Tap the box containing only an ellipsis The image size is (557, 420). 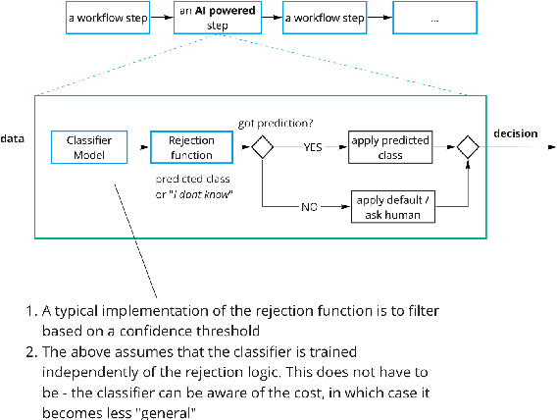click(440, 18)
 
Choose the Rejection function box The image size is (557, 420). click(191, 148)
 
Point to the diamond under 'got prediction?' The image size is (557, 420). click(263, 148)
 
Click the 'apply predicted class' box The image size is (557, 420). click(390, 148)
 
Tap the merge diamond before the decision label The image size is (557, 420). click(468, 148)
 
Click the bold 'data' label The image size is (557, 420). click(13, 138)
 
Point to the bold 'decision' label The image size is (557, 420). click(515, 133)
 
